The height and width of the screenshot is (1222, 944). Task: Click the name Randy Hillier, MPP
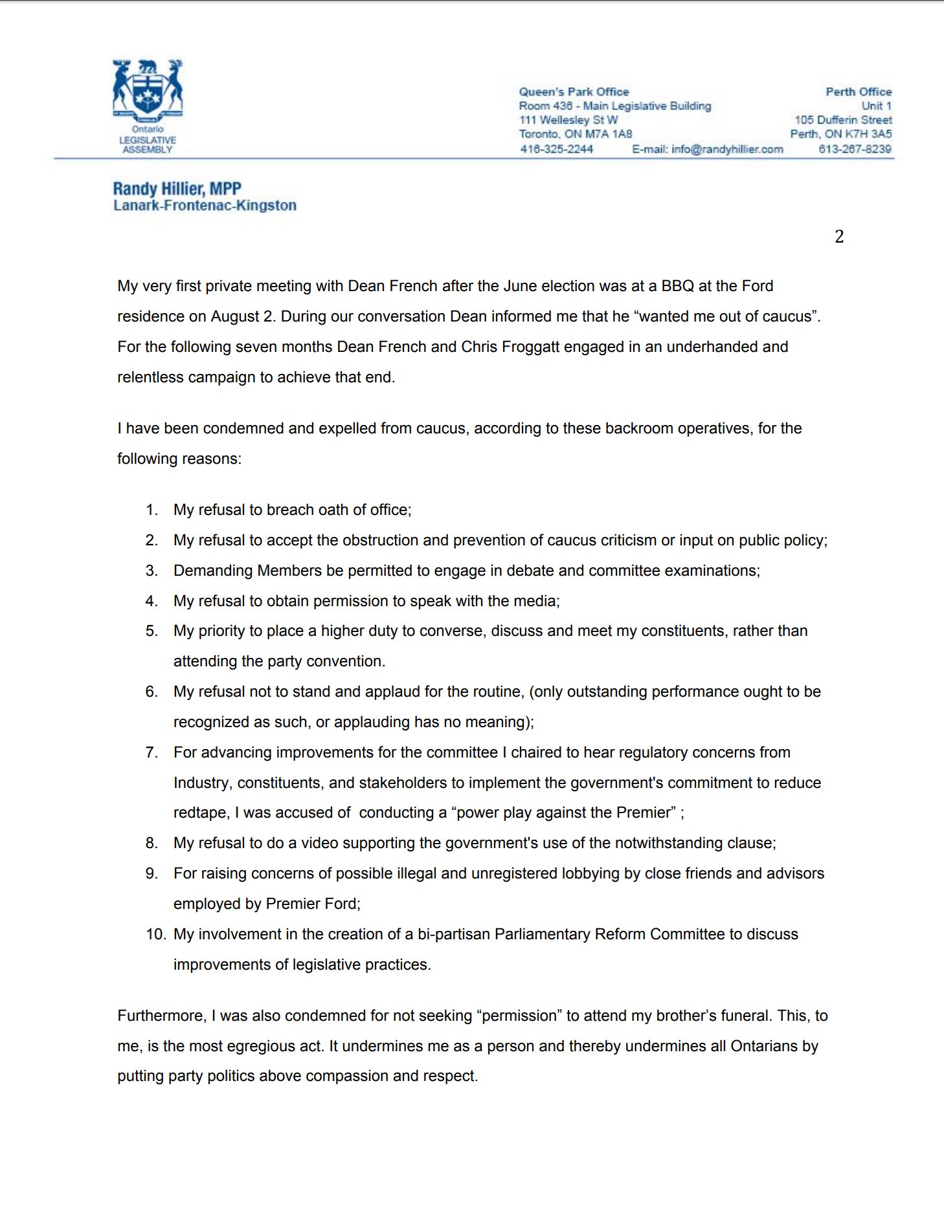coord(177,189)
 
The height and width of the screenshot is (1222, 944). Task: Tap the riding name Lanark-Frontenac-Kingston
coord(205,206)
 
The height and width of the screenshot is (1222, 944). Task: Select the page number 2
coord(839,237)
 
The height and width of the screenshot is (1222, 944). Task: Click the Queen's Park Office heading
coord(574,92)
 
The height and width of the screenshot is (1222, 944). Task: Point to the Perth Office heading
coord(859,92)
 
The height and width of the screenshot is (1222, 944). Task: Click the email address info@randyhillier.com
coord(727,149)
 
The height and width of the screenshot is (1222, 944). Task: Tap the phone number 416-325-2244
coord(557,149)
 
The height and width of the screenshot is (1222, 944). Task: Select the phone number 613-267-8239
coord(855,149)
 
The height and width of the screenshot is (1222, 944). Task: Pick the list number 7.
coord(152,752)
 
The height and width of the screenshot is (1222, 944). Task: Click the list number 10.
coord(155,934)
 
